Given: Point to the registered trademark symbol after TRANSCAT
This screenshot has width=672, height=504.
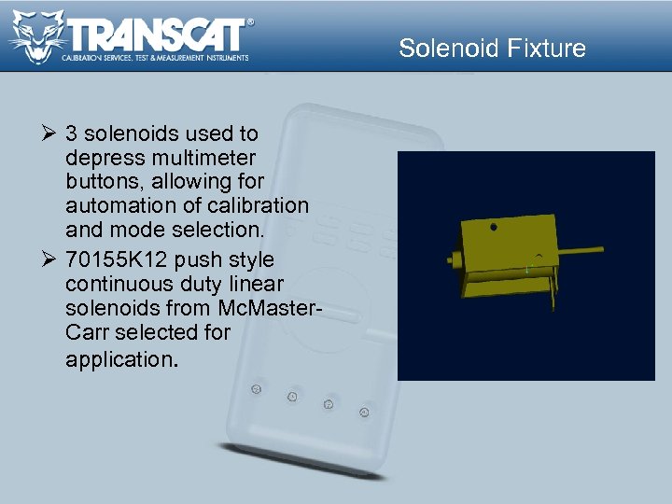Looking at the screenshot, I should pyautogui.click(x=249, y=21).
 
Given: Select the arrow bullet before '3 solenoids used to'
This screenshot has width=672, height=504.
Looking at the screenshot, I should pyautogui.click(x=48, y=133).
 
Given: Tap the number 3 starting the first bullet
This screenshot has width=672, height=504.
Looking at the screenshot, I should pyautogui.click(x=72, y=133).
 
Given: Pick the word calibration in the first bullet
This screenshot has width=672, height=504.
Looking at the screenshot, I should pyautogui.click(x=261, y=204).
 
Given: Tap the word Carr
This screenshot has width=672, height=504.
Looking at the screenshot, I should pyautogui.click(x=88, y=332).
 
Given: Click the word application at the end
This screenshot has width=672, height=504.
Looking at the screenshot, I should pyautogui.click(x=119, y=358).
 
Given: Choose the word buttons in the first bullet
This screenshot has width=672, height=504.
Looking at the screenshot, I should pyautogui.click(x=101, y=180).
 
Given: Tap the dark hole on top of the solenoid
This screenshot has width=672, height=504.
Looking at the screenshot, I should pyautogui.click(x=493, y=226).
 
